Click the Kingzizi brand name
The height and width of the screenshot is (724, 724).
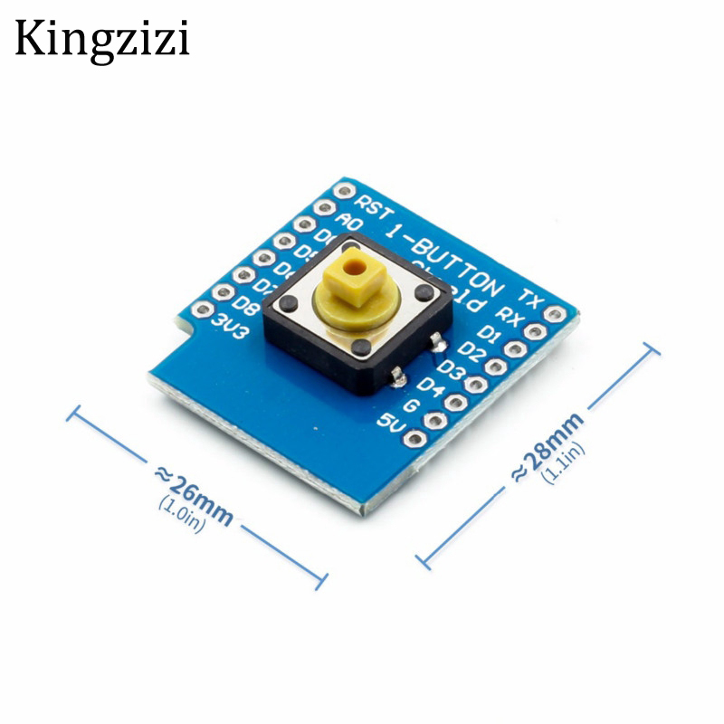[101, 40]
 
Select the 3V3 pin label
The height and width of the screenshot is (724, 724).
[228, 324]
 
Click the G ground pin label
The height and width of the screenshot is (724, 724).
[411, 404]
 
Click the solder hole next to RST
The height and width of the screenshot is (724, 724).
[343, 192]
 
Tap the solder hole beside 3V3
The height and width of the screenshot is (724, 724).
[203, 310]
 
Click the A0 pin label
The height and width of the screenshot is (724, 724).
[349, 223]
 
